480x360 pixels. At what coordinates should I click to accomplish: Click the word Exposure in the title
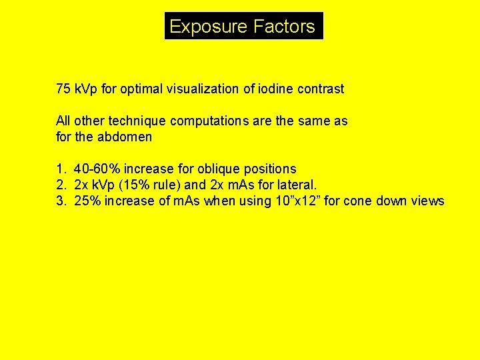(209, 27)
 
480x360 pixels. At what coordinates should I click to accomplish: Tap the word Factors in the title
(284, 27)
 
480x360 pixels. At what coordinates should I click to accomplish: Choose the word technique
(134, 121)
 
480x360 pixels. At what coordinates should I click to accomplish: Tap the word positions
(270, 169)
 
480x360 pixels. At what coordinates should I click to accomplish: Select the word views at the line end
(427, 201)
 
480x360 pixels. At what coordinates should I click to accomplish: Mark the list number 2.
(60, 185)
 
